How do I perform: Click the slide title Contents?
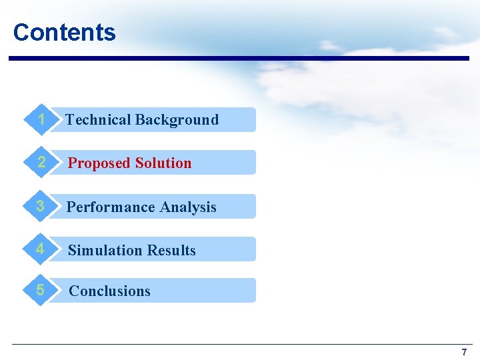pyautogui.click(x=64, y=32)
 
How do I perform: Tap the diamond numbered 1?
pyautogui.click(x=41, y=120)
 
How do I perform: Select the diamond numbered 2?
pyautogui.click(x=41, y=163)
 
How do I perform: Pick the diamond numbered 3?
pyautogui.click(x=41, y=207)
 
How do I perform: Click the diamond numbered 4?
pyautogui.click(x=41, y=249)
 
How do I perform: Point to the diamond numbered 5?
pyautogui.click(x=41, y=291)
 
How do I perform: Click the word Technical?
pyautogui.click(x=98, y=120)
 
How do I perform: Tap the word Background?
pyautogui.click(x=177, y=120)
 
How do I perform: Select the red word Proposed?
pyautogui.click(x=99, y=163)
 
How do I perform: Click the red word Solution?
pyautogui.click(x=163, y=163)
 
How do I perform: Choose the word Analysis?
pyautogui.click(x=189, y=207)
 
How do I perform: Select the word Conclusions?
pyautogui.click(x=110, y=291)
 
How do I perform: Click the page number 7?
pyautogui.click(x=464, y=352)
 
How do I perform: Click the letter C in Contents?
pyautogui.click(x=21, y=32)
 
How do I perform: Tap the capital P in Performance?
pyautogui.click(x=71, y=207)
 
